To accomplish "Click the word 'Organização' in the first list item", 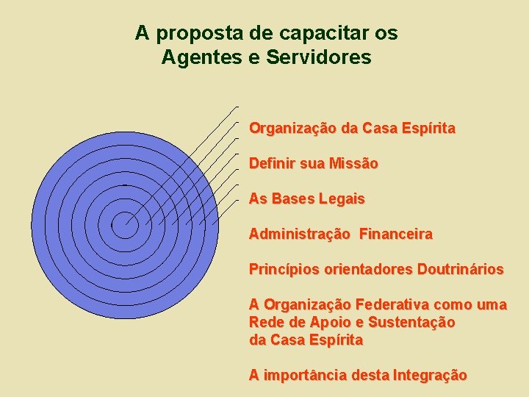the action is (x=292, y=129).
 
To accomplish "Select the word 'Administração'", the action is (x=300, y=235).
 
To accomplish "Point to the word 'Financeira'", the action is (x=396, y=235).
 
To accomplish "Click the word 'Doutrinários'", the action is (x=461, y=270).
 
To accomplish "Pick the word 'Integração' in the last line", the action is (x=430, y=376).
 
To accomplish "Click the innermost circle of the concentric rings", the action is (x=125, y=224).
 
